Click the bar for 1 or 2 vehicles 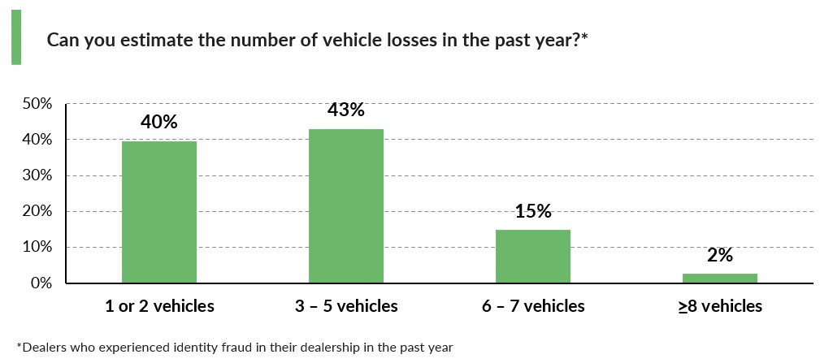pyautogui.click(x=159, y=212)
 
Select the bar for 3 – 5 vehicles pyautogui.click(x=346, y=206)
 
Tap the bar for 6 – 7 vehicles pyautogui.click(x=533, y=257)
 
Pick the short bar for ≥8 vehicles pyautogui.click(x=720, y=279)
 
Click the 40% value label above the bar pyautogui.click(x=159, y=122)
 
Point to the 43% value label pyautogui.click(x=346, y=110)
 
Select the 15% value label pyautogui.click(x=533, y=211)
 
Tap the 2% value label pyautogui.click(x=720, y=255)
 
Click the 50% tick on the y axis pyautogui.click(x=37, y=104)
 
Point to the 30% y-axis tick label pyautogui.click(x=37, y=175)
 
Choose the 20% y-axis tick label pyautogui.click(x=37, y=211)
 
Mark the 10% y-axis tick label pyautogui.click(x=37, y=247)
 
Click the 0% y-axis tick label pyautogui.click(x=41, y=283)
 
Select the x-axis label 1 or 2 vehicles pyautogui.click(x=159, y=306)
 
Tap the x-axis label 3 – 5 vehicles pyautogui.click(x=346, y=306)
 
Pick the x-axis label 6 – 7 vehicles pyautogui.click(x=533, y=306)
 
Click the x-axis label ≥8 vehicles pyautogui.click(x=720, y=306)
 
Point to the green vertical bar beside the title pyautogui.click(x=16, y=37)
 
